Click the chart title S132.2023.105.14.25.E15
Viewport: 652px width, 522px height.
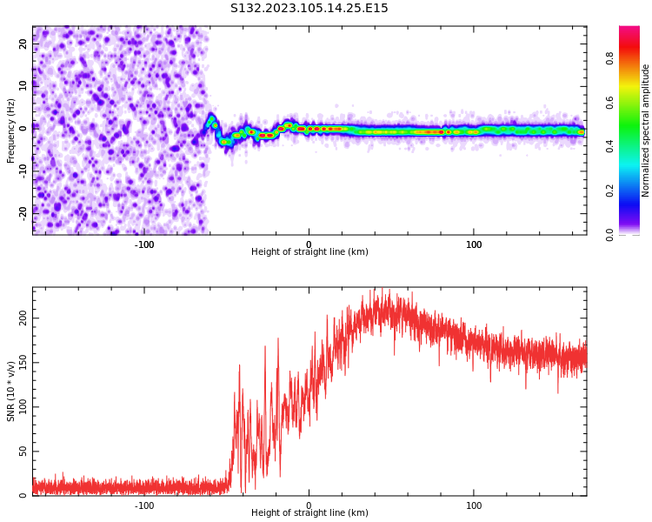tap(309, 9)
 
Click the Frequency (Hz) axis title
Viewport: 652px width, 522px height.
tap(11, 130)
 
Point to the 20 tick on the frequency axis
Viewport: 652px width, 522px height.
tap(23, 42)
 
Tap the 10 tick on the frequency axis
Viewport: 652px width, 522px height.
tap(23, 84)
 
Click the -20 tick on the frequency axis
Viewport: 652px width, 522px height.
tap(23, 211)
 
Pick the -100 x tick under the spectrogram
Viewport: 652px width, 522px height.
tap(144, 244)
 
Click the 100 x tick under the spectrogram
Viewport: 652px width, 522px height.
tap(474, 244)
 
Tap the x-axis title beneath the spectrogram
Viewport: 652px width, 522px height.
tap(309, 252)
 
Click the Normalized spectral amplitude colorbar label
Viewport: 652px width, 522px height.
tap(646, 130)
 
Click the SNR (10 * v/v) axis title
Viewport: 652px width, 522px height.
tap(11, 391)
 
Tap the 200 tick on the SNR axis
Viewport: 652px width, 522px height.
tap(23, 318)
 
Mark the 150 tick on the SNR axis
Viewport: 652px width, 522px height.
tap(23, 363)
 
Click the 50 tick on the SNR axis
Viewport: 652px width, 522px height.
tap(23, 452)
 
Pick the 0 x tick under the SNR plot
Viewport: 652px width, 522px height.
tap(309, 505)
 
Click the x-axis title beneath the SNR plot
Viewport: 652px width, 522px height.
tap(309, 513)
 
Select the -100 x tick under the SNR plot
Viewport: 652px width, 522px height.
tap(144, 505)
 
